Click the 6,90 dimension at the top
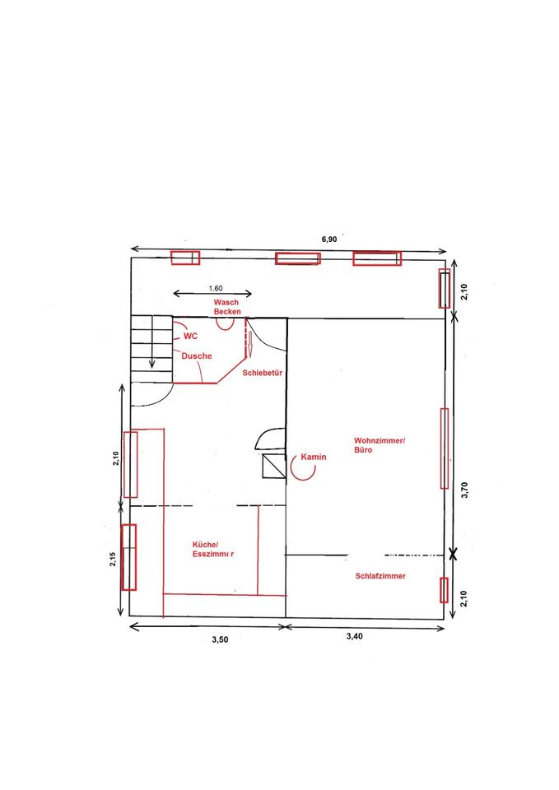[329, 239]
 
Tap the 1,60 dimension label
[215, 289]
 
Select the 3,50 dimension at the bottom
[220, 640]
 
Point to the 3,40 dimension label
[354, 636]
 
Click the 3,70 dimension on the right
[465, 490]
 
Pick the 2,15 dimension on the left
[113, 559]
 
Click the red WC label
[190, 336]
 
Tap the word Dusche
[197, 355]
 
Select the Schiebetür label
[262, 373]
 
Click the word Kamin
[314, 457]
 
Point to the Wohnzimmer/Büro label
[379, 445]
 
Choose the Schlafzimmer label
[380, 576]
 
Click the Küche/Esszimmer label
[212, 549]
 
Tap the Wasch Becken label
[227, 307]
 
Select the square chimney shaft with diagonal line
[274, 466]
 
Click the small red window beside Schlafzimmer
[444, 590]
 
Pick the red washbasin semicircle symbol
[226, 325]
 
